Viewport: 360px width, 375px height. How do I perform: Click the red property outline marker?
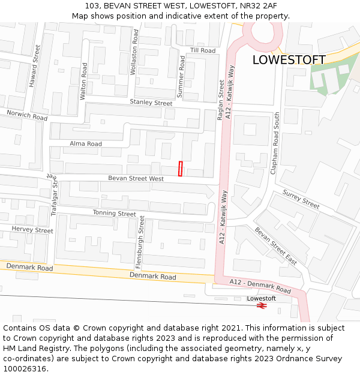[180, 169]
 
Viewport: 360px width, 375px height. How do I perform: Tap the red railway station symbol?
[262, 305]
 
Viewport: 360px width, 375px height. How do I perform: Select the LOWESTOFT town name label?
[289, 60]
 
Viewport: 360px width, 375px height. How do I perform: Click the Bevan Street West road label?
[136, 178]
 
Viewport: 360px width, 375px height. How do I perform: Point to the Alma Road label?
[86, 144]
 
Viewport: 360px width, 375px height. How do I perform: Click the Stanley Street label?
[151, 103]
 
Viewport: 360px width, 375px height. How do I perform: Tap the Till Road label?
[203, 50]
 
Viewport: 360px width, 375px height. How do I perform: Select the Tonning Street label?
[114, 214]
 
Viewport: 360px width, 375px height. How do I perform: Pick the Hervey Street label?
[32, 230]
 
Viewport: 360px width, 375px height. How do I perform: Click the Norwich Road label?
[27, 115]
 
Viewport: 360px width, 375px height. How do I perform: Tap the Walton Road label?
[83, 81]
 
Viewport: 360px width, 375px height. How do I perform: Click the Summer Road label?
[181, 76]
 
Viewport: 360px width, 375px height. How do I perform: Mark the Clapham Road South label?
[275, 143]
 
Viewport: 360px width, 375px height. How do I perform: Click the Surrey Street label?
[301, 199]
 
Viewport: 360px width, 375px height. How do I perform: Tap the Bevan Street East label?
[275, 245]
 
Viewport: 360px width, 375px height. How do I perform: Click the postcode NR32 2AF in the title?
[254, 6]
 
